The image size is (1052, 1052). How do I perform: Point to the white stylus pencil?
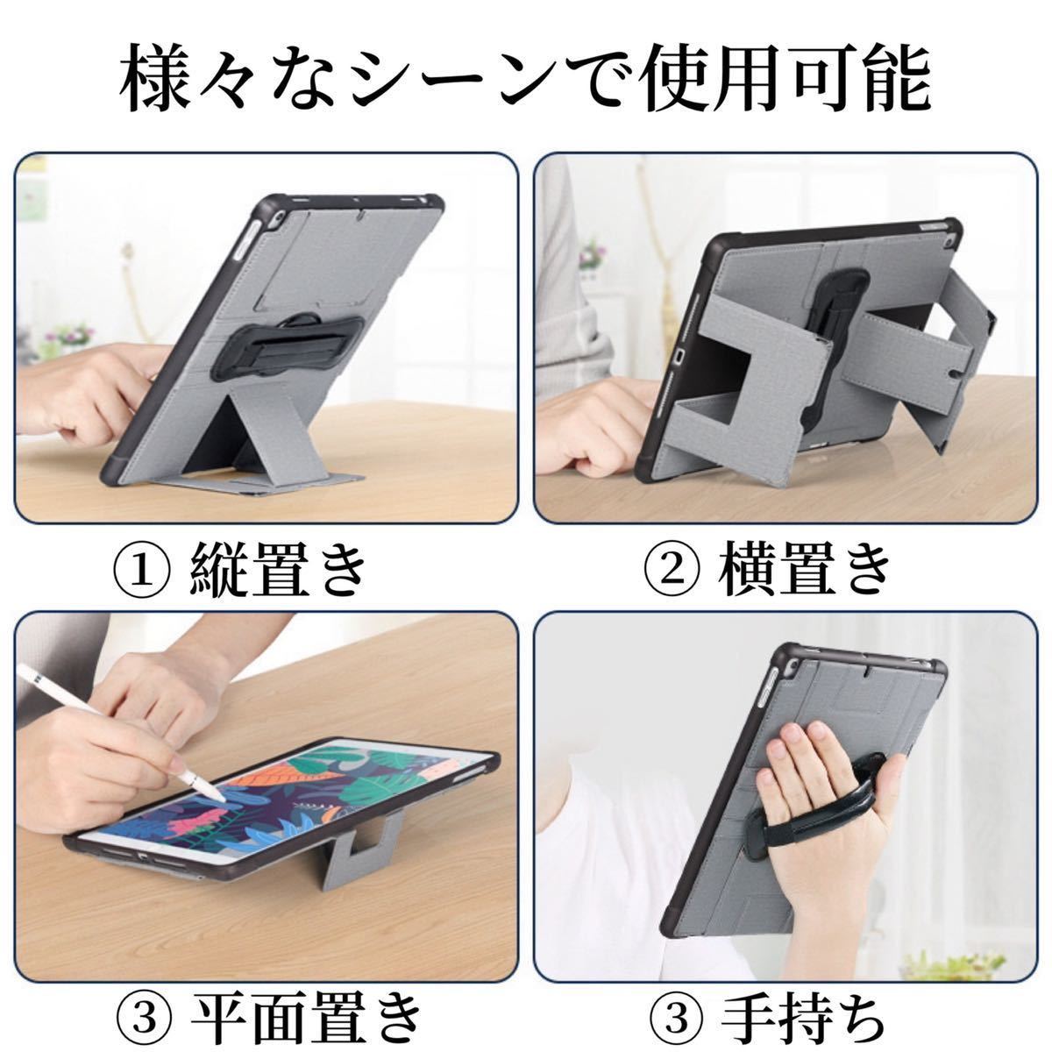[x=121, y=732]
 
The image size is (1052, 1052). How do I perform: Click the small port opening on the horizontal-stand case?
[x=679, y=355]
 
